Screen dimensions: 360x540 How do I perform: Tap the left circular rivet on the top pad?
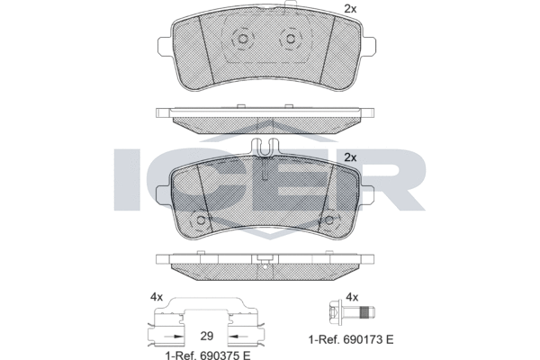click(241, 40)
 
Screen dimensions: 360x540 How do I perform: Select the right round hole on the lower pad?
click(329, 220)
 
